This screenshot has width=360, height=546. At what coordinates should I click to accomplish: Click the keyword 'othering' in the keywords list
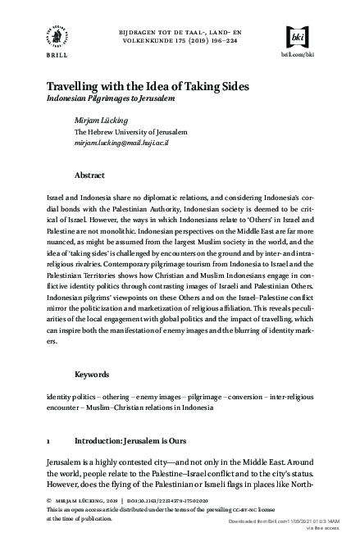pos(113,396)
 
